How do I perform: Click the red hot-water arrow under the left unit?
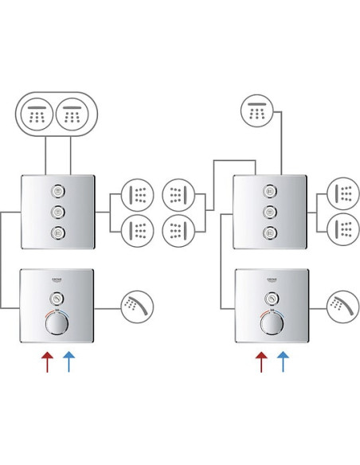click(x=48, y=361)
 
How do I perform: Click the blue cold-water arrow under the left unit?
click(x=68, y=361)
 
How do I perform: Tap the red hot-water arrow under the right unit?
click(x=261, y=361)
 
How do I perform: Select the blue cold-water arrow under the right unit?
click(x=283, y=361)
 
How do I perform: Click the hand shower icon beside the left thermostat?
click(x=137, y=307)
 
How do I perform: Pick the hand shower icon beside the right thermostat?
click(x=342, y=307)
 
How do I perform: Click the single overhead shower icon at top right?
click(x=257, y=111)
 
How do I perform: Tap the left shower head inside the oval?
click(x=36, y=114)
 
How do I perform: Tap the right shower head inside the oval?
click(x=72, y=114)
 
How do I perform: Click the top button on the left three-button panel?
click(x=57, y=191)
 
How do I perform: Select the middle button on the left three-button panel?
click(x=57, y=212)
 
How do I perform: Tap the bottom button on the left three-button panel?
click(x=57, y=232)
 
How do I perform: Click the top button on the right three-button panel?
click(x=270, y=191)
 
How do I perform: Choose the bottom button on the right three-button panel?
click(x=270, y=232)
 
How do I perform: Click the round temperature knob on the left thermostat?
click(x=57, y=322)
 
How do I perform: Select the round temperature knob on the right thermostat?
click(x=271, y=322)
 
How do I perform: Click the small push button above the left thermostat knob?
click(x=57, y=299)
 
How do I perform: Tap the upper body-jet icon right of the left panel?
click(x=137, y=195)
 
